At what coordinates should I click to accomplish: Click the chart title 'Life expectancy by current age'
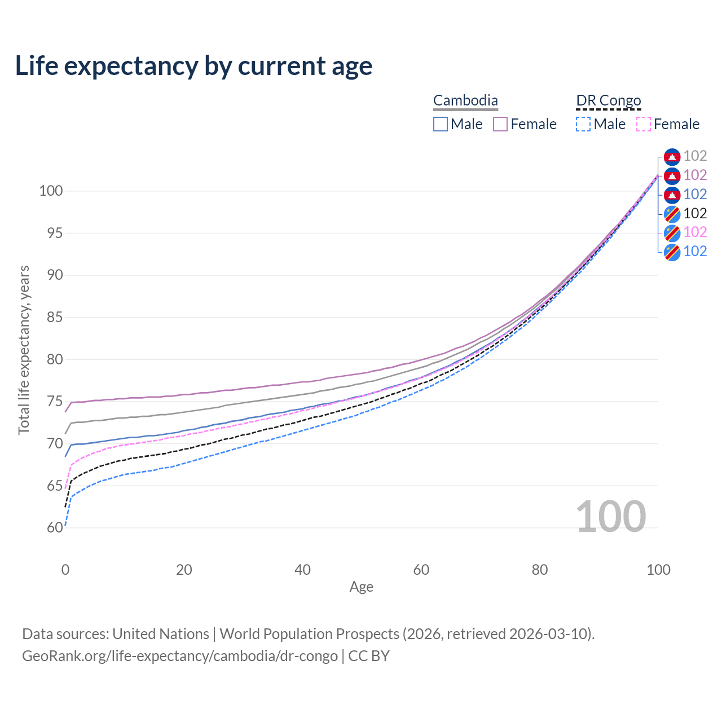193,66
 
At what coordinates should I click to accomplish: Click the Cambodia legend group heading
465,101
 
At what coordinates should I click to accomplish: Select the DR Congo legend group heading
609,101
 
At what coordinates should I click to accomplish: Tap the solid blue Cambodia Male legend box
441,124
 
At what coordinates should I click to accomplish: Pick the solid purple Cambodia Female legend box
500,124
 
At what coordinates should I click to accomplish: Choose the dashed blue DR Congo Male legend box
583,124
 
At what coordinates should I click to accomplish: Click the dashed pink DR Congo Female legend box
644,124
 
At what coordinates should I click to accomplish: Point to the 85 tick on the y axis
50,318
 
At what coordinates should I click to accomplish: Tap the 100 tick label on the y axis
50,191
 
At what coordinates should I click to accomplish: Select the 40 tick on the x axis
303,570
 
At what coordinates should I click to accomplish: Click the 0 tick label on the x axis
65,570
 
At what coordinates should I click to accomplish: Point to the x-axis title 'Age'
361,587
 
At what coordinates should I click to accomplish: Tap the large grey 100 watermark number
610,517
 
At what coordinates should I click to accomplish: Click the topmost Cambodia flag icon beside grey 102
672,156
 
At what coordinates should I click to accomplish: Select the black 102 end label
695,213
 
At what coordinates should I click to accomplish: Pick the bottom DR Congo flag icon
672,252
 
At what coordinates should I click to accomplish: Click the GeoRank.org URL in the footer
179,656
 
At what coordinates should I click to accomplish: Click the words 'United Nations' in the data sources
161,634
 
